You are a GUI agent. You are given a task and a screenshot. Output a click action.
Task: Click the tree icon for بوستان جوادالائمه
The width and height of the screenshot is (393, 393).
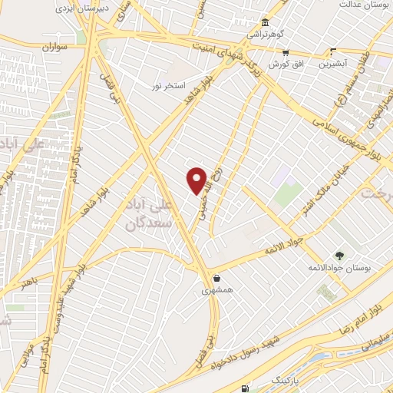point(339,255)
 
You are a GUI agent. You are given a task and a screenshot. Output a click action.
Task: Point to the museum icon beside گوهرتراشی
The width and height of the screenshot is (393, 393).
point(265,22)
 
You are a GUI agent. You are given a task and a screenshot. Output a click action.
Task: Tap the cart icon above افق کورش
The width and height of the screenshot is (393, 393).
point(286,53)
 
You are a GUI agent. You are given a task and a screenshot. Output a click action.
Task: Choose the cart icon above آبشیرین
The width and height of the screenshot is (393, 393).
point(332,53)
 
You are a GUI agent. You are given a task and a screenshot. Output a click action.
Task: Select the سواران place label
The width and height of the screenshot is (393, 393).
point(56,48)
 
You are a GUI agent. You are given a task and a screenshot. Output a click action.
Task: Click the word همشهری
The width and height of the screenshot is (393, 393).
point(216,291)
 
